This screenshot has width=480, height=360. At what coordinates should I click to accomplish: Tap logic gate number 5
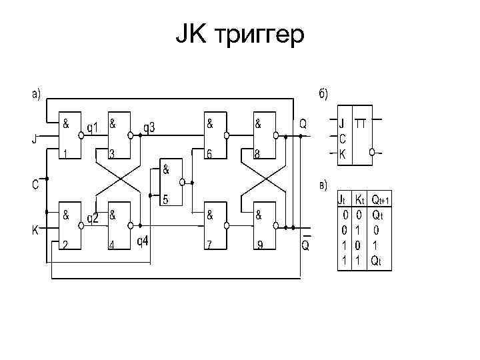click(171, 182)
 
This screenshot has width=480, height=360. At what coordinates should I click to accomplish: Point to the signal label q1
click(93, 127)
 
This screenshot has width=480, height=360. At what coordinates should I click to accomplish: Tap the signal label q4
click(143, 240)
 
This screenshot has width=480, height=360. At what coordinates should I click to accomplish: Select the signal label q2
click(93, 217)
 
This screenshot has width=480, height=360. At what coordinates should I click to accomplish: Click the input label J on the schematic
click(35, 139)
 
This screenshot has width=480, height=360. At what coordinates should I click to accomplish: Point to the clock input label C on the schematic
click(34, 185)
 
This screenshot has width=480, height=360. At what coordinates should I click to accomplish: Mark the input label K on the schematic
click(35, 230)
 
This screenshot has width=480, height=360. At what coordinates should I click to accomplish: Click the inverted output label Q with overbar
click(305, 245)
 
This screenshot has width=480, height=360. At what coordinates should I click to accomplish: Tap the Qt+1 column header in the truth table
click(380, 199)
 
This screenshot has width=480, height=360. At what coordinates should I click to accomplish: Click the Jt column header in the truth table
click(342, 199)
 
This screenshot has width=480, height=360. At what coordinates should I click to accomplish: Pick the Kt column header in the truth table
click(359, 199)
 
